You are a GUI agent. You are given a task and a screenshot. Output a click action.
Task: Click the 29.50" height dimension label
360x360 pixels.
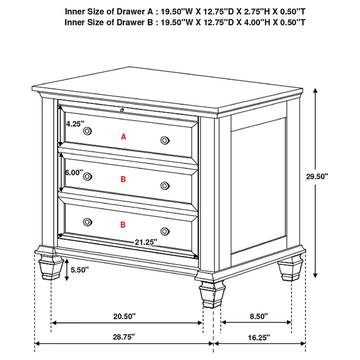point(316,176)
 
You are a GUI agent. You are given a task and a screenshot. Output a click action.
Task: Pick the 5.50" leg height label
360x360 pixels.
point(80,269)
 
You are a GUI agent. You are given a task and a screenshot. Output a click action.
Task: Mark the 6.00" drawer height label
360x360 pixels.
point(74,173)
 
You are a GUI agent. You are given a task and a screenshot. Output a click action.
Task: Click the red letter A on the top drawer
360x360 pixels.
point(123,137)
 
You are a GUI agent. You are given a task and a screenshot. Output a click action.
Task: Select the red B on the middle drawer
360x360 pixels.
point(123,179)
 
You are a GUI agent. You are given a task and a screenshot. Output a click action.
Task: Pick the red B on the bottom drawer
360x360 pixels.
point(123,225)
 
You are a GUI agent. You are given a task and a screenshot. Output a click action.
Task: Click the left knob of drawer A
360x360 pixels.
point(87,131)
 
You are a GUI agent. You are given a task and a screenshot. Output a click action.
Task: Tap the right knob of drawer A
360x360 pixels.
point(165,140)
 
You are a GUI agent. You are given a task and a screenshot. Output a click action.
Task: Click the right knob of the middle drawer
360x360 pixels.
point(165,186)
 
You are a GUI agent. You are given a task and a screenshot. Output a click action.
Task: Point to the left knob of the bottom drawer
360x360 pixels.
point(87,221)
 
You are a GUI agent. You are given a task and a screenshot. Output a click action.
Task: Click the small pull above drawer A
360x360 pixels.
point(122,110)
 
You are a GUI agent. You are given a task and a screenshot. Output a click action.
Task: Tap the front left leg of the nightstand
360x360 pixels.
point(48,262)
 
